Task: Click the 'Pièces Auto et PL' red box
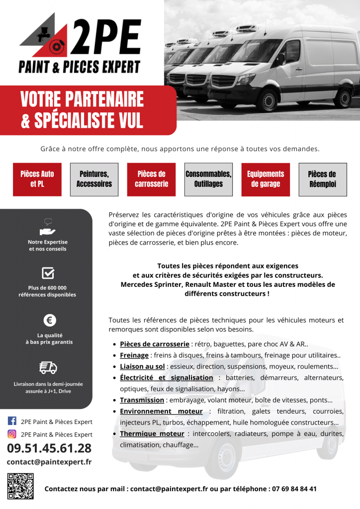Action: point(37,179)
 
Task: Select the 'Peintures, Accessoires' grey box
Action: point(94,179)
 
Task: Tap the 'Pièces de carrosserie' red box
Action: point(151,179)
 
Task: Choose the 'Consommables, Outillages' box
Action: point(208,179)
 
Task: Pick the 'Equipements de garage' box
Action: point(266,179)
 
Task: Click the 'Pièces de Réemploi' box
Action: point(322,179)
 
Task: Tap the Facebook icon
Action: point(12,422)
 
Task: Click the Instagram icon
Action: point(12,434)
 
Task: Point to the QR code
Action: point(20,486)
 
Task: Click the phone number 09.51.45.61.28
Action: point(49,448)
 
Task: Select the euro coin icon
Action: point(48,320)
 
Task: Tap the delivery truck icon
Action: point(48,367)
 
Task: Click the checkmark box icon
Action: point(48,273)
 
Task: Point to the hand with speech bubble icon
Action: point(48,228)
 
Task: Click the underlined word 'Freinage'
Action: point(134,355)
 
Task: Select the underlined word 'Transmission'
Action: point(142,400)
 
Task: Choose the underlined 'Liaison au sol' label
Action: point(142,366)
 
